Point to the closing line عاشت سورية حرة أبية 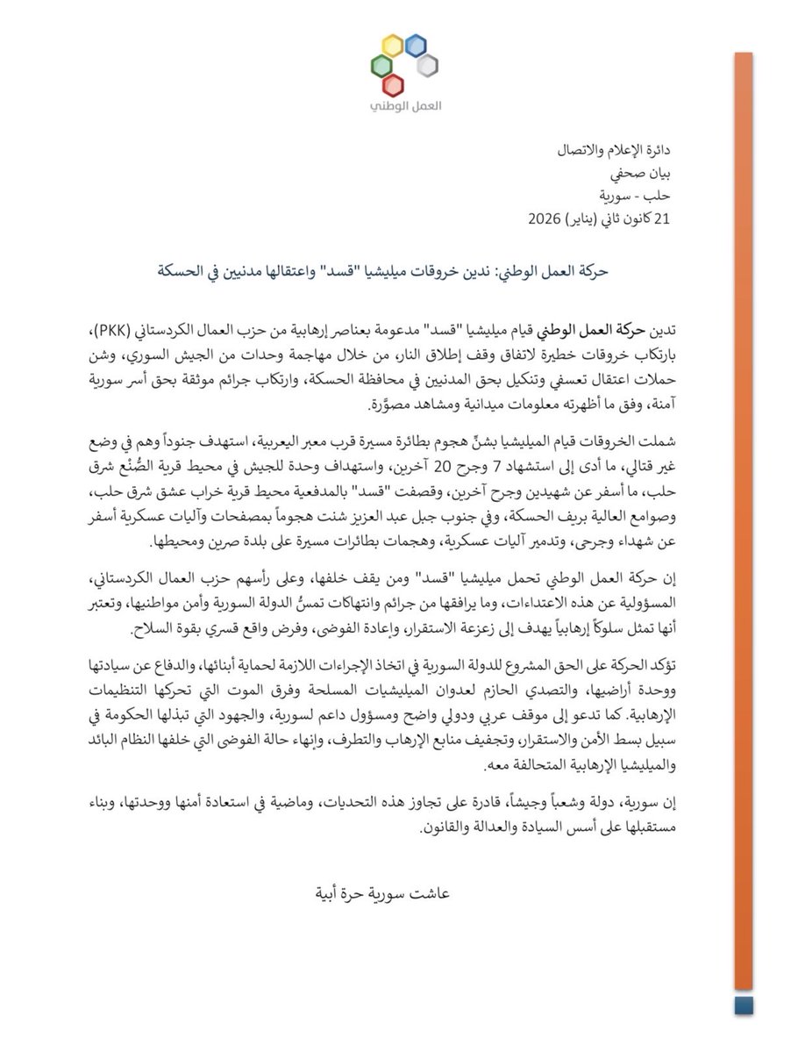pyautogui.click(x=401, y=897)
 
